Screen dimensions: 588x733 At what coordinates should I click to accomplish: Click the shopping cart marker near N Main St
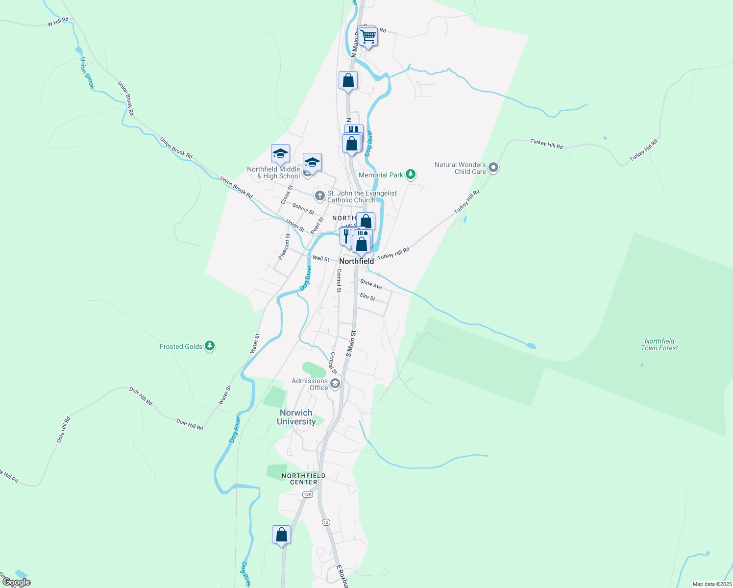click(x=368, y=36)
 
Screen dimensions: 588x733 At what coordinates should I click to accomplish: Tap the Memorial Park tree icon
click(x=411, y=174)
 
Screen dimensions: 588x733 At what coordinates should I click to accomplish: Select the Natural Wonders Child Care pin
click(x=493, y=168)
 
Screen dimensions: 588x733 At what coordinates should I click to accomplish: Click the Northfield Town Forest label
click(x=660, y=344)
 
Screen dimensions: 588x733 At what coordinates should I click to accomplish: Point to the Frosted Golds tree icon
click(x=210, y=346)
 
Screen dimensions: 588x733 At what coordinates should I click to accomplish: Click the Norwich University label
click(x=296, y=417)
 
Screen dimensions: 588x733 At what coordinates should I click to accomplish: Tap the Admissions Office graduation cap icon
click(x=335, y=383)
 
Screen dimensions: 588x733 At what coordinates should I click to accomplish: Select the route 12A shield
click(x=307, y=494)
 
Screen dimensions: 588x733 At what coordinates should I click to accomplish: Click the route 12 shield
click(x=326, y=522)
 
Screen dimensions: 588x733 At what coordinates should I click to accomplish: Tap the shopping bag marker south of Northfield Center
click(x=281, y=535)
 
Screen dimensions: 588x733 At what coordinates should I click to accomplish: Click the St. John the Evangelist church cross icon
click(x=319, y=196)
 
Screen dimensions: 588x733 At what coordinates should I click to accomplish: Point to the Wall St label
click(x=321, y=258)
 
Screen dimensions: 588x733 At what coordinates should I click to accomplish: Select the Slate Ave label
click(x=371, y=284)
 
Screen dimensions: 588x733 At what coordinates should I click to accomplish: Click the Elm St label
click(x=367, y=297)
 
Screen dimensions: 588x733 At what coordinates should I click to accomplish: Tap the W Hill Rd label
click(x=58, y=23)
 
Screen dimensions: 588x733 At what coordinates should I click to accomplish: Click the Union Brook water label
click(x=87, y=73)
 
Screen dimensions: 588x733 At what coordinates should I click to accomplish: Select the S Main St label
click(x=351, y=343)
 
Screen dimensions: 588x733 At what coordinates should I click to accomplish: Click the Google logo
click(x=16, y=582)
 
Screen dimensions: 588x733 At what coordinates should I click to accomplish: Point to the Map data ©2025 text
click(x=712, y=584)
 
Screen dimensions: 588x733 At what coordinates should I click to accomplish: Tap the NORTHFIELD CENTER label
click(x=303, y=479)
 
